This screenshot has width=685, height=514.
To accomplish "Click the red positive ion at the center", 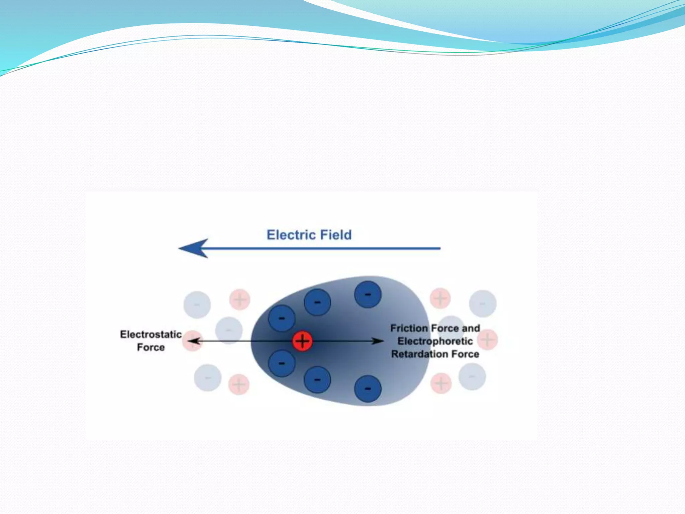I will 302,341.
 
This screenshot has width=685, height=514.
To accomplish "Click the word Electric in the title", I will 291,235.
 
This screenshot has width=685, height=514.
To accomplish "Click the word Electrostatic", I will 151,334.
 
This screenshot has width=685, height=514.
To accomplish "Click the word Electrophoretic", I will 435,341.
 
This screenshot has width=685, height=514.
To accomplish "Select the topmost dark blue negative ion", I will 368,294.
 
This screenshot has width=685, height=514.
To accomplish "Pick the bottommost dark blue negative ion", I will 368,389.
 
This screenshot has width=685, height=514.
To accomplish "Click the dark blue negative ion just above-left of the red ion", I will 282,318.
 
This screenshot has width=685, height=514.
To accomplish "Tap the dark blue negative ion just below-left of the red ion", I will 282,363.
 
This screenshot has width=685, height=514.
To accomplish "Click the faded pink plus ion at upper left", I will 239,299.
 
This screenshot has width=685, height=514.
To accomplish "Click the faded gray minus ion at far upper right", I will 482,304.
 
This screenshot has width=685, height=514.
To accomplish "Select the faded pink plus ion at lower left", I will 239,384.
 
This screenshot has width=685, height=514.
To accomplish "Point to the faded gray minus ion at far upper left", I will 197,305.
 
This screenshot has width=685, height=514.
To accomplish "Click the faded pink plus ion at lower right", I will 441,383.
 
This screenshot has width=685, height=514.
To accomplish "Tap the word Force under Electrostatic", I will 151,347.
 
